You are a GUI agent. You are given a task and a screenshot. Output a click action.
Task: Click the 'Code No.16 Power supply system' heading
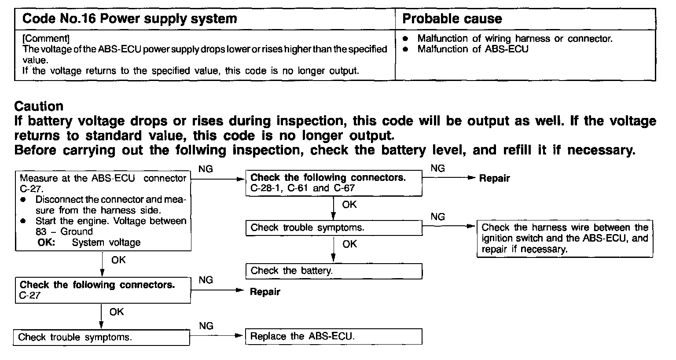pos(129,19)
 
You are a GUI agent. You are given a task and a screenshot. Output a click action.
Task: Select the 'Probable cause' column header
pos(452,19)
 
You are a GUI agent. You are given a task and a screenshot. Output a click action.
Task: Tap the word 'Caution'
pos(39,106)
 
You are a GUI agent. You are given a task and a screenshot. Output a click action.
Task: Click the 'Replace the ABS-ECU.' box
pos(334,337)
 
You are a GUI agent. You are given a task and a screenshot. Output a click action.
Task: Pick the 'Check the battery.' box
pos(334,271)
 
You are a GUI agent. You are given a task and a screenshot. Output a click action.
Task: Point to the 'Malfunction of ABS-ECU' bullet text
pos(473,49)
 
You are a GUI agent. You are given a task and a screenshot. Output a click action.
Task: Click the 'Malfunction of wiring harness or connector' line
pos(514,39)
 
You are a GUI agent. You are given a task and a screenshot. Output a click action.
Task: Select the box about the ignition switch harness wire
pos(565,239)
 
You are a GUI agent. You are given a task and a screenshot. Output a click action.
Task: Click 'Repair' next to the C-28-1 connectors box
pos(494,178)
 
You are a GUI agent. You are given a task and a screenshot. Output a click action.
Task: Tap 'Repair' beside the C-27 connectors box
pos(265,292)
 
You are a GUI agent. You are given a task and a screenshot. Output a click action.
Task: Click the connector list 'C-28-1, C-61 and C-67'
pos(302,188)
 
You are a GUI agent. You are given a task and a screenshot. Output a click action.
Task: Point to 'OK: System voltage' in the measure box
pos(89,242)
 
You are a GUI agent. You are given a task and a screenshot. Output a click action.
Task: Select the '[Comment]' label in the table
pos(46,38)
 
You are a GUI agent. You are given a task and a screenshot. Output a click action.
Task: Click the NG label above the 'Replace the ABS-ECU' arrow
pos(206,326)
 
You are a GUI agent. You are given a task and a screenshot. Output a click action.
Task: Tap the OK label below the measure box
pos(118,260)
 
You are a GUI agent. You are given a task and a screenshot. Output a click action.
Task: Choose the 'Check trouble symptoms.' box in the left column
pos(102,338)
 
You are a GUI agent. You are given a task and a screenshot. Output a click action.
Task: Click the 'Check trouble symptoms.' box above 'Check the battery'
pos(334,228)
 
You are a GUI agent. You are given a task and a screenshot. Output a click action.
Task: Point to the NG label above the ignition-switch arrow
pos(437,217)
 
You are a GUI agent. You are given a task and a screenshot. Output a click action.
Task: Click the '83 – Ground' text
pos(64,232)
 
